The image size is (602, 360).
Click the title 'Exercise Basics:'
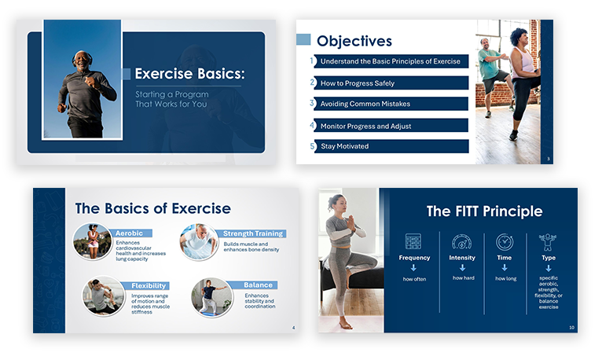pyautogui.click(x=189, y=74)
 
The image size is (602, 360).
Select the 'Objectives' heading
pyautogui.click(x=354, y=41)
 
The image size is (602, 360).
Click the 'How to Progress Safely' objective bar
pyautogui.click(x=391, y=83)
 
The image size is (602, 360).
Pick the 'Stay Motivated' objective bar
pyautogui.click(x=391, y=146)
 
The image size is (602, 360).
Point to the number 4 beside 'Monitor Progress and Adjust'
pyautogui.click(x=312, y=125)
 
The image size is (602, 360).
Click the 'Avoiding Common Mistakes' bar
pyautogui.click(x=391, y=104)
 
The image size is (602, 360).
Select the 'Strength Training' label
pyautogui.click(x=252, y=233)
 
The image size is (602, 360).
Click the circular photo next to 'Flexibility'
pyautogui.click(x=103, y=296)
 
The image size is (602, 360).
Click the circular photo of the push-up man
pyautogui.click(x=199, y=242)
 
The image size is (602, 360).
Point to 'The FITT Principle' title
pyautogui.click(x=485, y=211)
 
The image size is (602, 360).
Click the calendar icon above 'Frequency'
pyautogui.click(x=413, y=241)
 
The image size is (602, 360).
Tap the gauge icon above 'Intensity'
pyautogui.click(x=462, y=242)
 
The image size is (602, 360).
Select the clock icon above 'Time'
pyautogui.click(x=505, y=242)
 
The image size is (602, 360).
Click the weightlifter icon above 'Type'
pyautogui.click(x=548, y=242)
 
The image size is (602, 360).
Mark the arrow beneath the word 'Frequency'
pyautogui.click(x=413, y=268)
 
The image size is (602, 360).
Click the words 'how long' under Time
pyautogui.click(x=505, y=278)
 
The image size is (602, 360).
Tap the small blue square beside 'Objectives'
pyautogui.click(x=303, y=39)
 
